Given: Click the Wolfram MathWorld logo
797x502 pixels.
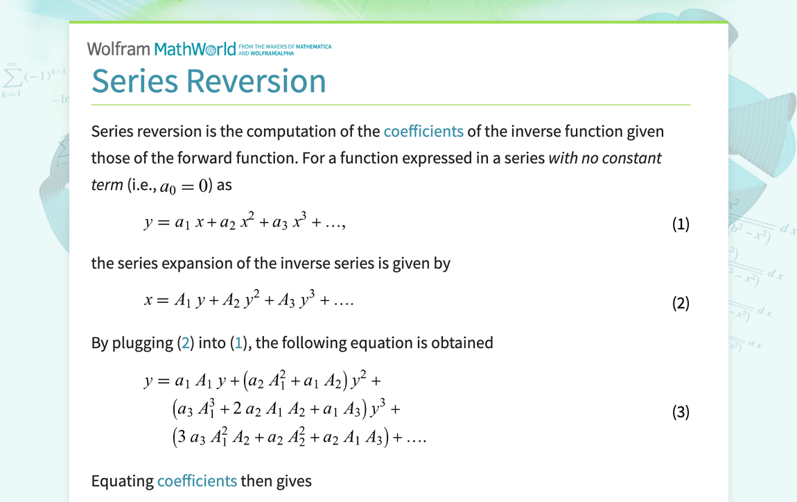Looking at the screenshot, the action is click(x=209, y=49).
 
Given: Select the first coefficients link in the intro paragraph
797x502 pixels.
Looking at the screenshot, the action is click(x=423, y=131).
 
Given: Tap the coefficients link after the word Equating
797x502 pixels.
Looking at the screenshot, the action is click(x=198, y=481).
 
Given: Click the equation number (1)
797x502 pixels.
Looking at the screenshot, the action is click(x=681, y=224).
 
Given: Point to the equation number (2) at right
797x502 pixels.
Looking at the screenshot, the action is click(x=681, y=303).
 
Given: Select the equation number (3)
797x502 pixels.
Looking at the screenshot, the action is click(x=681, y=412).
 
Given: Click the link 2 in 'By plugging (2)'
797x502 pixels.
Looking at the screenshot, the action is click(x=186, y=343).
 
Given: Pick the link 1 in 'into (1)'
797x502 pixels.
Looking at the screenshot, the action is click(x=238, y=343).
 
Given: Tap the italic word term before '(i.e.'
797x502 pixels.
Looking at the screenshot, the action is click(x=107, y=184).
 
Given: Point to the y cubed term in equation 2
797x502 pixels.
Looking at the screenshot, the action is click(x=308, y=300).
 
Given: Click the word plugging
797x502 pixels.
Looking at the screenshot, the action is click(x=142, y=343).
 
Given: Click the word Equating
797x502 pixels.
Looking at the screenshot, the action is click(x=123, y=481).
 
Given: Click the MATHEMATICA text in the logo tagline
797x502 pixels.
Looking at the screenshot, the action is click(x=314, y=46).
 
